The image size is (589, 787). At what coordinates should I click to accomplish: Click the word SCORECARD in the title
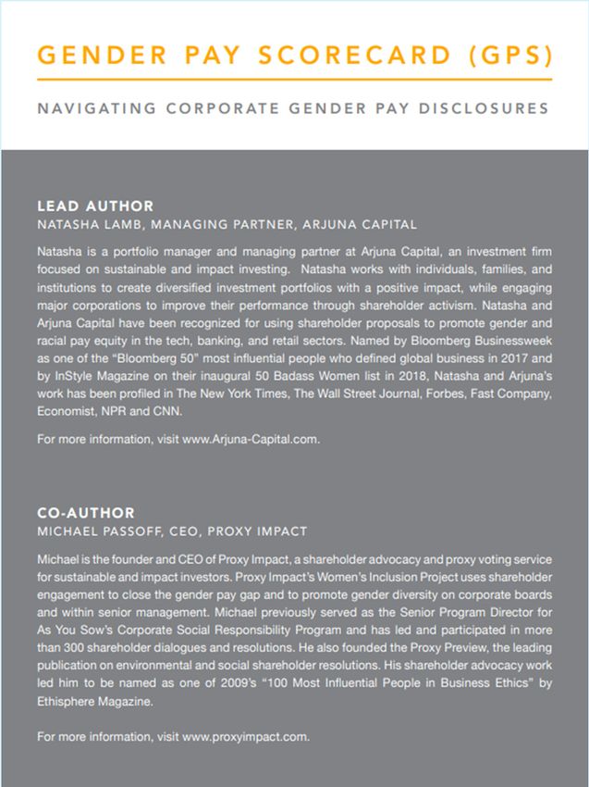coord(338,56)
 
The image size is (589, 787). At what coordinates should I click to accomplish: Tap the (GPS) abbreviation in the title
coord(506,56)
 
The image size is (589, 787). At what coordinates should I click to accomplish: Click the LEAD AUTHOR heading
coord(95,206)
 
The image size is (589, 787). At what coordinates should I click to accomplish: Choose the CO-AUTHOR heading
coord(85,512)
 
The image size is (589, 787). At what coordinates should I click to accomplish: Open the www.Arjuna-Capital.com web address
coord(252,439)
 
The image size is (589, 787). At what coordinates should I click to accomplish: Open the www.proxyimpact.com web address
coord(246,737)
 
